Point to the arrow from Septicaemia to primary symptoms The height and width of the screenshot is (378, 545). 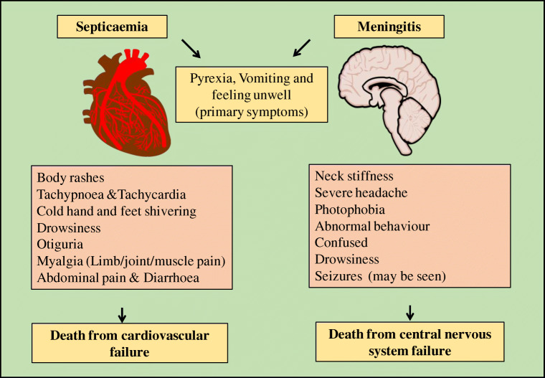(191, 49)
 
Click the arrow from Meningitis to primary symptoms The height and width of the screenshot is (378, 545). (302, 49)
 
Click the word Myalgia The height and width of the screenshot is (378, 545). (62, 263)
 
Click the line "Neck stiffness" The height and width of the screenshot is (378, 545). (354, 176)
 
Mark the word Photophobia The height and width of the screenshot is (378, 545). (349, 209)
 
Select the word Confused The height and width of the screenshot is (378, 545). (341, 242)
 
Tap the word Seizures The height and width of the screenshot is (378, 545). (338, 276)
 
